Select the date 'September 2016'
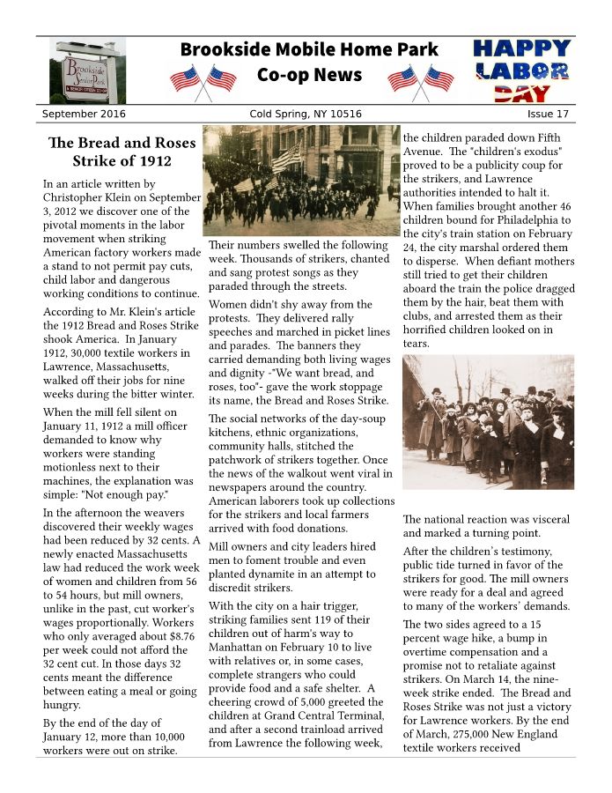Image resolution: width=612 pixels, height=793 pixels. [84, 115]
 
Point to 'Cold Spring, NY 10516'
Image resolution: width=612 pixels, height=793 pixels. [306, 115]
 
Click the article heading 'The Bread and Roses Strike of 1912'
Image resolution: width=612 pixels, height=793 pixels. [110, 152]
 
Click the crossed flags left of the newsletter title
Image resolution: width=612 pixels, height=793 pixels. [203, 80]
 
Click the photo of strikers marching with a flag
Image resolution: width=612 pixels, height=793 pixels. [301, 180]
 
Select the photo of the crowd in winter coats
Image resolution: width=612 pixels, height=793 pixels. [488, 422]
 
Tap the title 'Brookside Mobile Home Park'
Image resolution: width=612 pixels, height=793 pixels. [309, 50]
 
